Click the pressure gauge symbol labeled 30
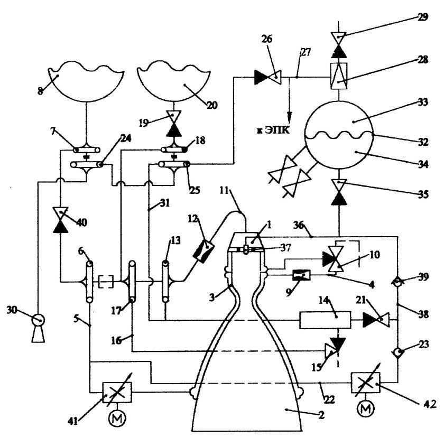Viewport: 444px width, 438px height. (38, 320)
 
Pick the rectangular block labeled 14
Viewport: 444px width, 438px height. (325, 320)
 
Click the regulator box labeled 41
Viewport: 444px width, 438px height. (117, 393)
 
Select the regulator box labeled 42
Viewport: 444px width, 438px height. (365, 383)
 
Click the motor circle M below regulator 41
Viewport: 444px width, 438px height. (117, 418)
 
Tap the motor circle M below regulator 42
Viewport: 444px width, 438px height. (366, 408)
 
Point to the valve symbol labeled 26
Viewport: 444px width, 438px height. (267, 77)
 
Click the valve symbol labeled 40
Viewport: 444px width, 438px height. (60, 220)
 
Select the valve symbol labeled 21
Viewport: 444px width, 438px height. (376, 320)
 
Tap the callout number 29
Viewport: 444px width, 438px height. (423, 17)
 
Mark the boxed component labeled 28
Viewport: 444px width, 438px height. (339, 76)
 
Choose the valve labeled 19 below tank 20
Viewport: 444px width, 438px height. (173, 124)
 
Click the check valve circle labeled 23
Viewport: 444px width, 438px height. (397, 352)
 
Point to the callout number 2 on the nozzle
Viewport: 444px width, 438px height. (321, 415)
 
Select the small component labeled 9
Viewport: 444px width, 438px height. (301, 275)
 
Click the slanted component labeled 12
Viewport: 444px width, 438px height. (203, 250)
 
